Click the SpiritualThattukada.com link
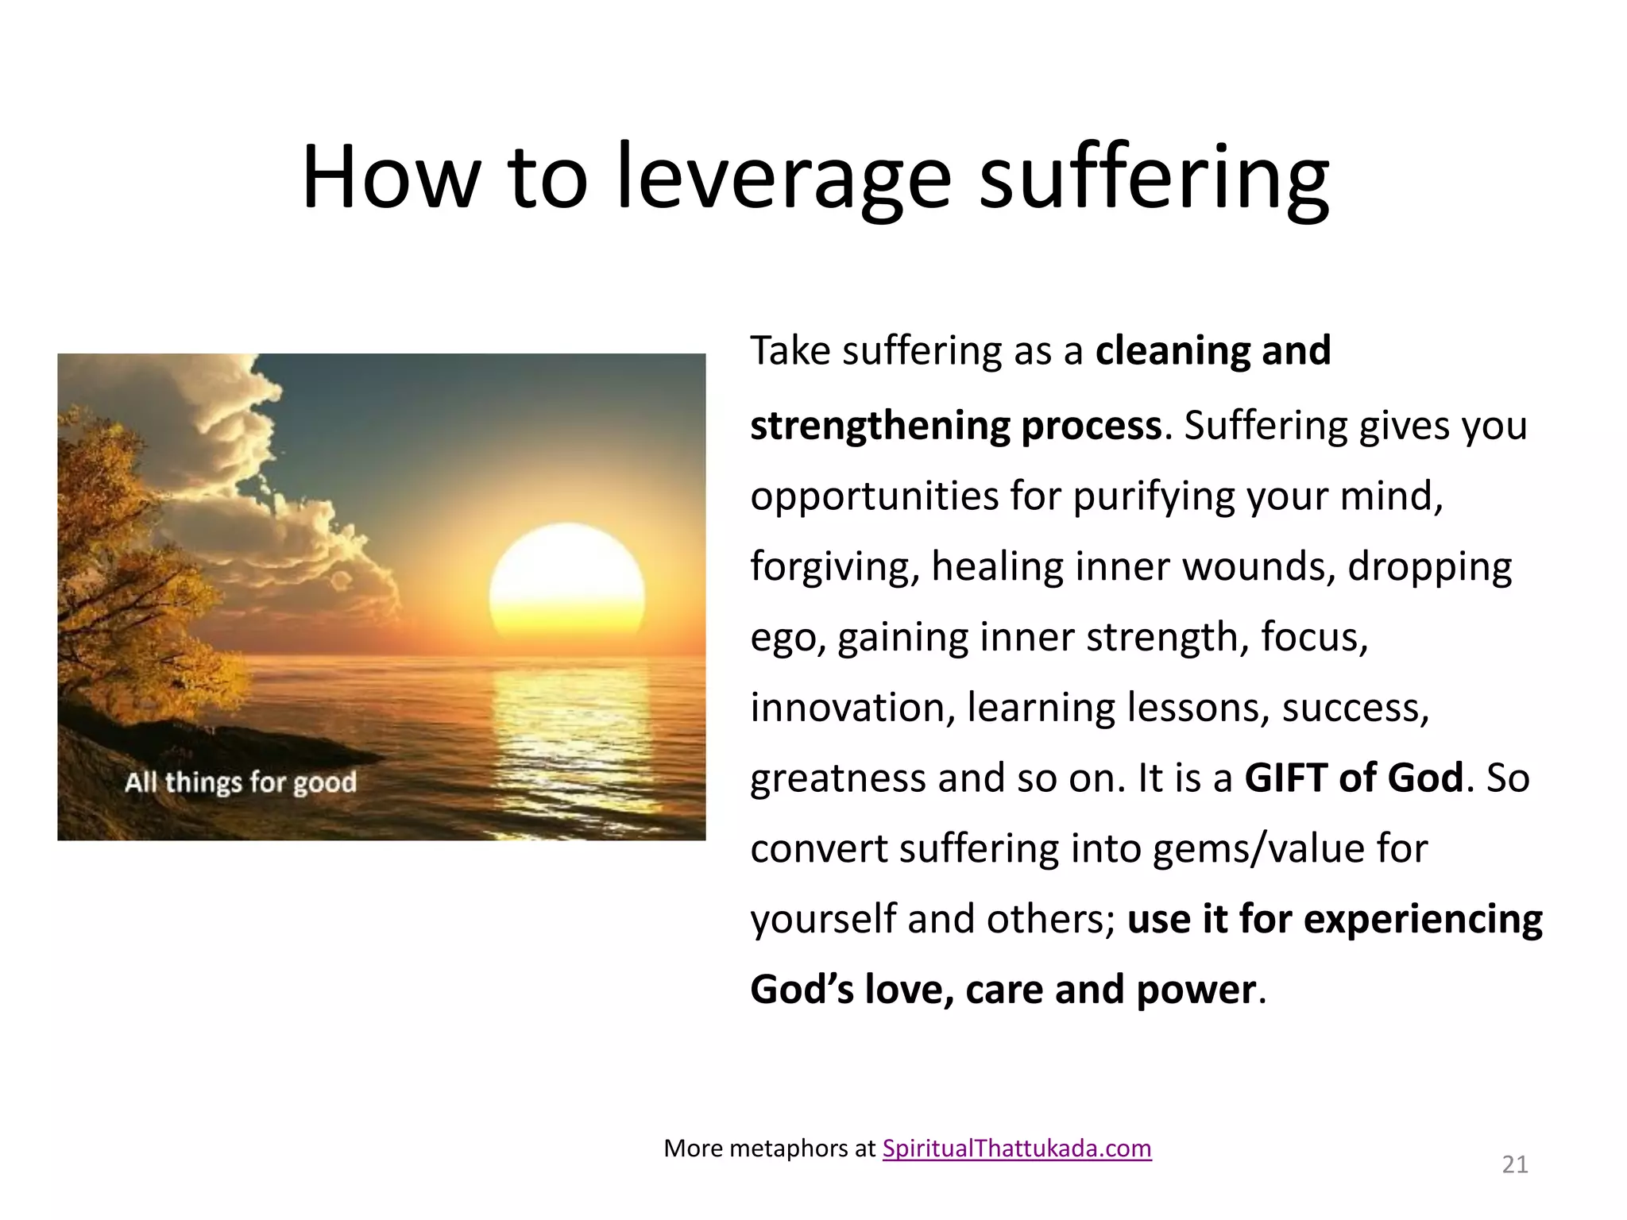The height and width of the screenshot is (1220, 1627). tap(1017, 1149)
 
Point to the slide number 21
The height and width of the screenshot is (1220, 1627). tap(1515, 1164)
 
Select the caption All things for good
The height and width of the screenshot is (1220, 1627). tap(241, 782)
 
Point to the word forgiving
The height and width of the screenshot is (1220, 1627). tap(833, 566)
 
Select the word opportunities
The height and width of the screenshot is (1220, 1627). tap(875, 496)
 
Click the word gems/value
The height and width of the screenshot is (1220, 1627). tap(1258, 848)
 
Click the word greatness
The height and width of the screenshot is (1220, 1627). tap(837, 778)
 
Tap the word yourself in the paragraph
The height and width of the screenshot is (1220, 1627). tap(823, 919)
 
